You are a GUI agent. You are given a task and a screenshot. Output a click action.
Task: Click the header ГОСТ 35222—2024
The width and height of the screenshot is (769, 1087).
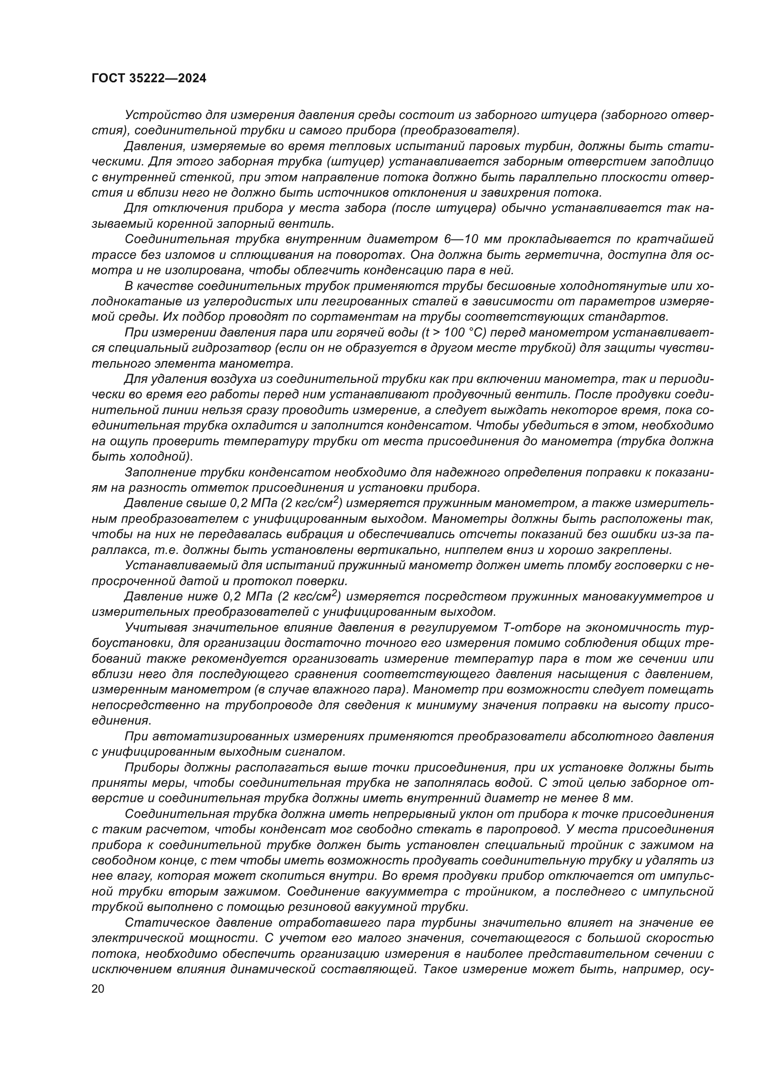pyautogui.click(x=149, y=79)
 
